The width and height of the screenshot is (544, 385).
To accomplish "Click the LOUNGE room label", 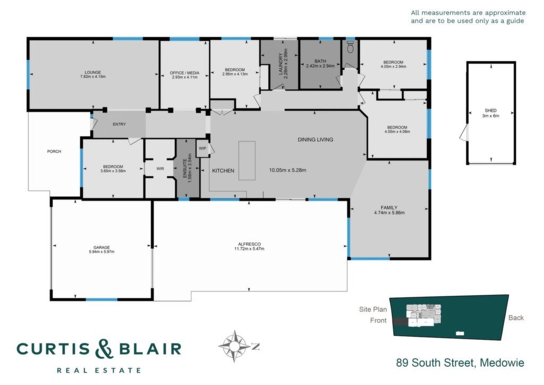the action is [x=92, y=72].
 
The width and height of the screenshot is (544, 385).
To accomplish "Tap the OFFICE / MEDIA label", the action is [x=184, y=73].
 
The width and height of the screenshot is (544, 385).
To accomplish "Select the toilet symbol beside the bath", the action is [x=350, y=46].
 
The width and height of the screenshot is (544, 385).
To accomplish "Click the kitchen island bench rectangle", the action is [x=246, y=161].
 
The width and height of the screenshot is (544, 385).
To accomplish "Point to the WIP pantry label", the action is [x=202, y=148].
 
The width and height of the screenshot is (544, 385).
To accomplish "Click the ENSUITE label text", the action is [x=185, y=165].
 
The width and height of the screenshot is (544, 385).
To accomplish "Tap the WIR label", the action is [x=160, y=169].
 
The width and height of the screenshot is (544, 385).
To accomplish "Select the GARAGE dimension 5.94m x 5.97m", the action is [x=101, y=252].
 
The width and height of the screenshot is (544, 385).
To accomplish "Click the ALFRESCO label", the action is [x=249, y=245].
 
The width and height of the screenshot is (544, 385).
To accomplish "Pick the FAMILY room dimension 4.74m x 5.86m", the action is [x=389, y=213].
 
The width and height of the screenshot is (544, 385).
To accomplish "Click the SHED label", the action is [x=490, y=111].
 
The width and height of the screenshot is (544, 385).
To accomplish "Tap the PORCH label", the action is [x=54, y=152].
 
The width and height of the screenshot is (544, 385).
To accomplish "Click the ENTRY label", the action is [x=119, y=124].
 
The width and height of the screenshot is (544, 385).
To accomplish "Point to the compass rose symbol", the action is [x=235, y=346].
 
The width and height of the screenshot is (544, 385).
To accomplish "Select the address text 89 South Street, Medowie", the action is [x=460, y=363].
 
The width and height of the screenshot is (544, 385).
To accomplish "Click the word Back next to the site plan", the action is [x=516, y=317].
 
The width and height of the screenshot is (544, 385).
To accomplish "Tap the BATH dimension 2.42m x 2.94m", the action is [x=320, y=65].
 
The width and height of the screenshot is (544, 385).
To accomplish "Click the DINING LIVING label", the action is [x=316, y=139].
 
